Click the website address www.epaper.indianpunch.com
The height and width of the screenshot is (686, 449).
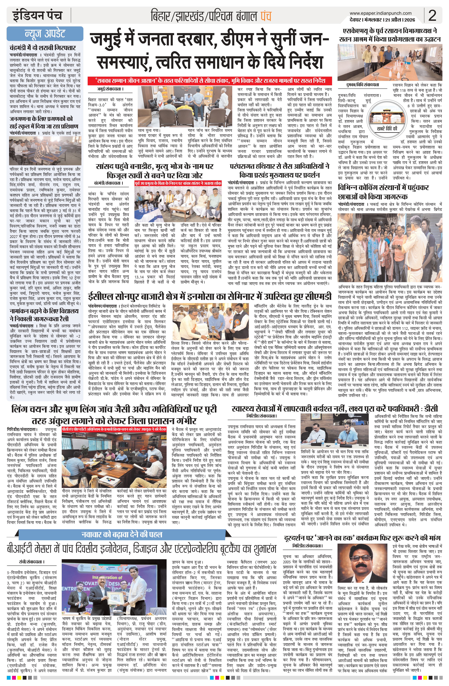[380, 13]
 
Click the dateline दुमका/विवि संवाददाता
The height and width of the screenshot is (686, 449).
[362, 85]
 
